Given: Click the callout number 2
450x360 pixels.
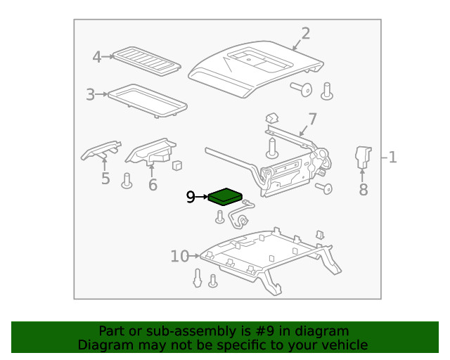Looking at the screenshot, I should pyautogui.click(x=305, y=33).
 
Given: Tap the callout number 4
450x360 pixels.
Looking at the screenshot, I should pyautogui.click(x=97, y=57).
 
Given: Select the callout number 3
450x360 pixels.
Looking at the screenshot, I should pyautogui.click(x=90, y=94).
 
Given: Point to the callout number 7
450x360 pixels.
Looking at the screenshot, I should pyautogui.click(x=312, y=119).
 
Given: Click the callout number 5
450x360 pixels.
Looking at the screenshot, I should pyautogui.click(x=105, y=179).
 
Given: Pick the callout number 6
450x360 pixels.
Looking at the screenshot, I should pyautogui.click(x=153, y=185).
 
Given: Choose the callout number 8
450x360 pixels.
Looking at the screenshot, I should pyautogui.click(x=363, y=189).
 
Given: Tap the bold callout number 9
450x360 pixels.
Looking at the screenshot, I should pyautogui.click(x=191, y=198).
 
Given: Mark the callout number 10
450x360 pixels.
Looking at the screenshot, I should pyautogui.click(x=179, y=257).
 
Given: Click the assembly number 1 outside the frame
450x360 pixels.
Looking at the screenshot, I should pyautogui.click(x=392, y=157).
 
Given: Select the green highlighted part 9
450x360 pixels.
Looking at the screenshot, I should pyautogui.click(x=226, y=195).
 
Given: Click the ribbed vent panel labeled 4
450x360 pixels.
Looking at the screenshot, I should pyautogui.click(x=147, y=60).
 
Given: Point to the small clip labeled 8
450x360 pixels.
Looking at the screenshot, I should pyautogui.click(x=363, y=156).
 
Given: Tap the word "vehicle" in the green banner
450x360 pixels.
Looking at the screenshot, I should pyautogui.click(x=344, y=345).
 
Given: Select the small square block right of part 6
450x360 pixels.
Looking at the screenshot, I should pyautogui.click(x=178, y=166).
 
